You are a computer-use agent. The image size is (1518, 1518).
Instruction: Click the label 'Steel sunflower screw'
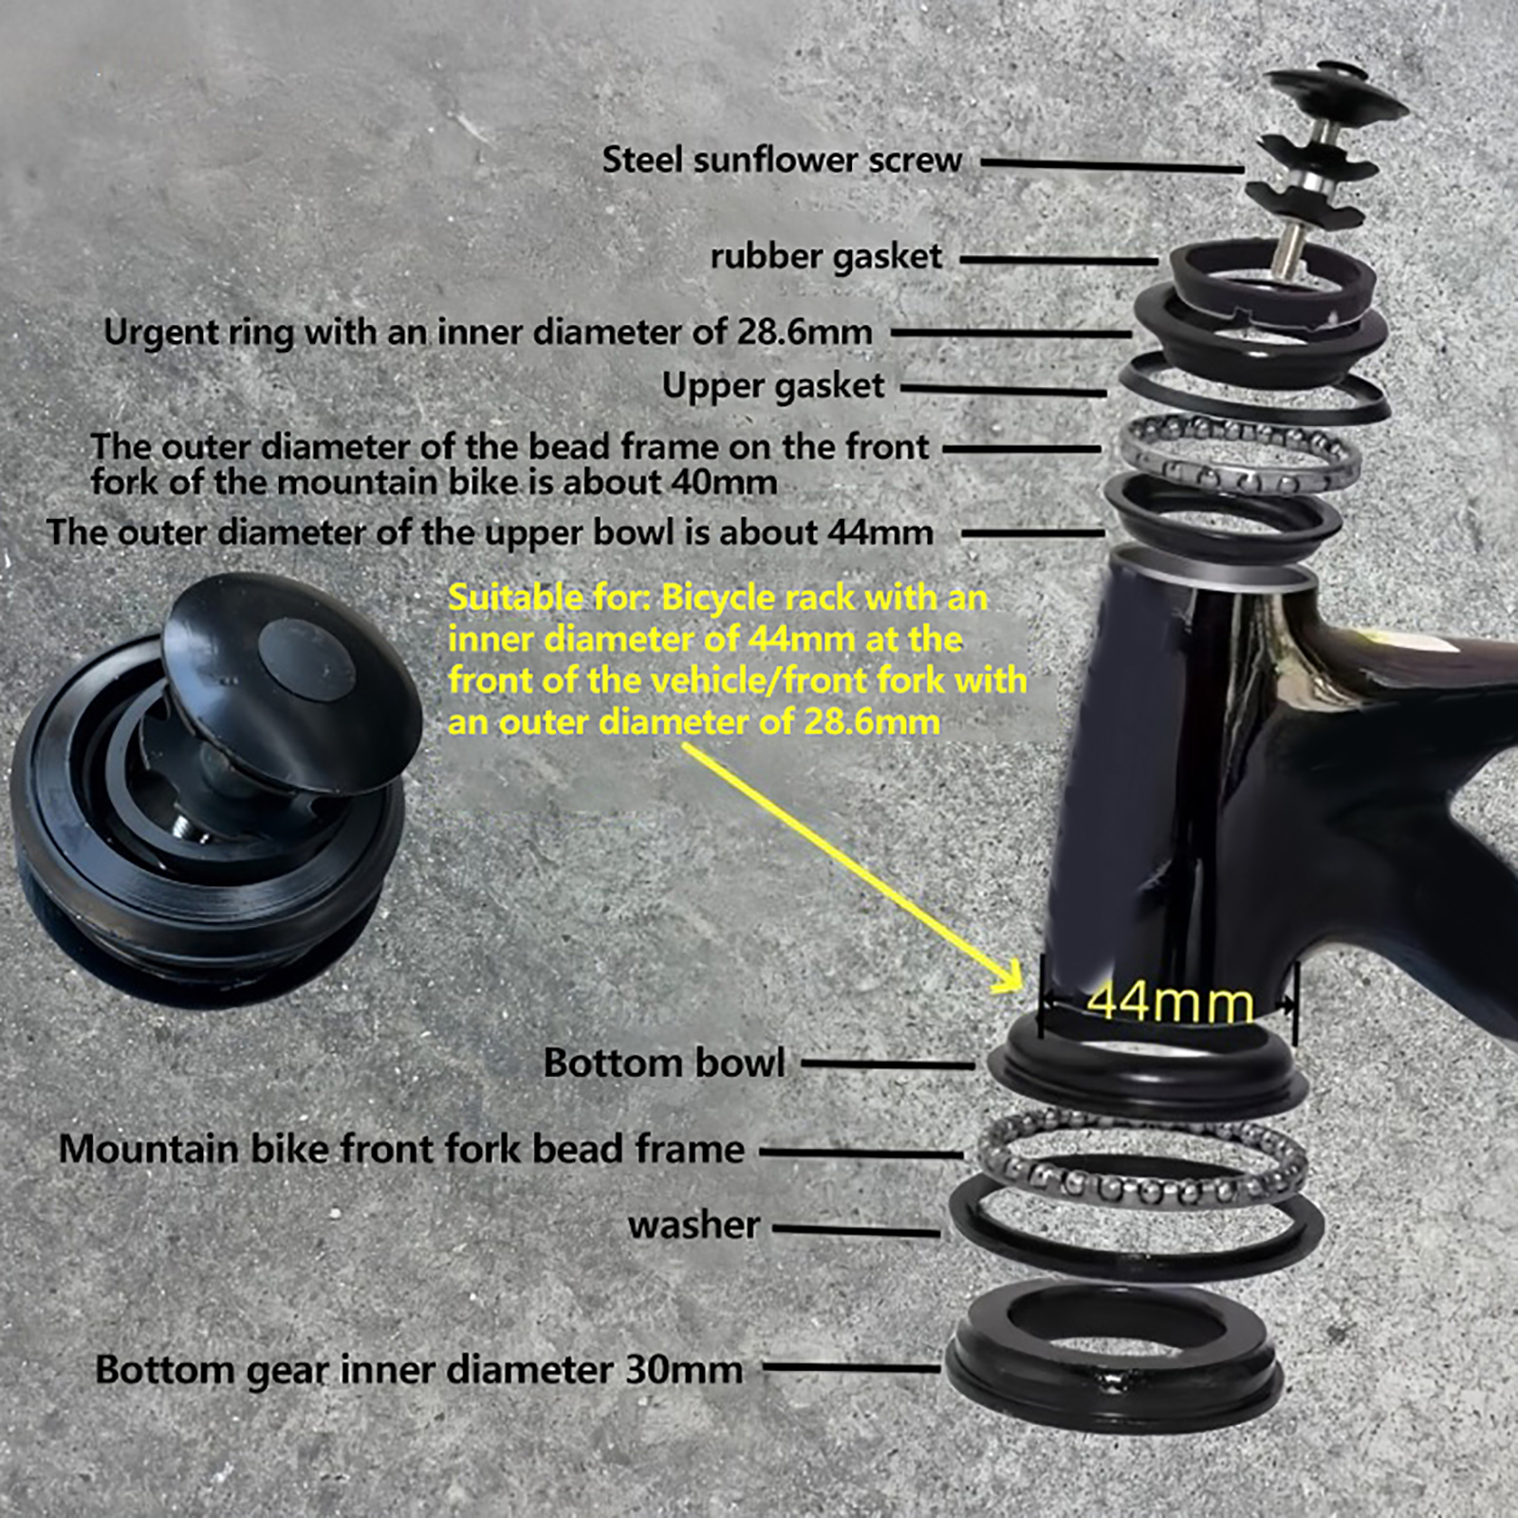[x=782, y=160]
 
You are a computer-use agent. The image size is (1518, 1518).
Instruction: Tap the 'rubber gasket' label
[x=826, y=257]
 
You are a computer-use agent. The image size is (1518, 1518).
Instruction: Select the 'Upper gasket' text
[x=773, y=386]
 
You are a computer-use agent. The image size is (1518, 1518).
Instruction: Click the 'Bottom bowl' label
[x=664, y=1063]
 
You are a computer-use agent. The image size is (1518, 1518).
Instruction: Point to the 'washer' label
[x=694, y=1225]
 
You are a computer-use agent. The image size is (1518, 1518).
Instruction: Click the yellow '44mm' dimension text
[x=1170, y=1002]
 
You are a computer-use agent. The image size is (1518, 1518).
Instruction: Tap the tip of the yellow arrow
[x=1023, y=990]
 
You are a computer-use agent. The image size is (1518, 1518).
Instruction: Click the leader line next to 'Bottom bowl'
[x=888, y=1064]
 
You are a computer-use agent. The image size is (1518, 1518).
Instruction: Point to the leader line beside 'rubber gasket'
[x=1059, y=259]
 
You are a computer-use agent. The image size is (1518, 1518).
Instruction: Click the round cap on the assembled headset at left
[x=292, y=679]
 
